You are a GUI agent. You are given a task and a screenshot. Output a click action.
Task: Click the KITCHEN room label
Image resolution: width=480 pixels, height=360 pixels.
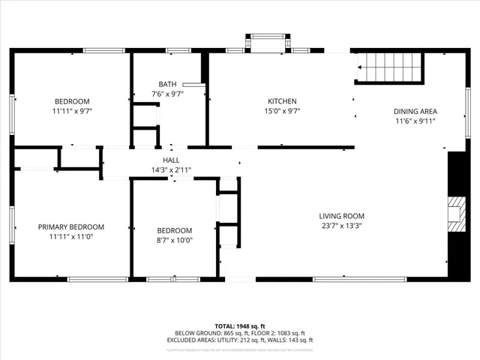click(x=283, y=101)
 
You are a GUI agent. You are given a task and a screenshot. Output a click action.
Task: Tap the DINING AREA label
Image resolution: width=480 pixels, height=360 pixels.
click(x=415, y=111)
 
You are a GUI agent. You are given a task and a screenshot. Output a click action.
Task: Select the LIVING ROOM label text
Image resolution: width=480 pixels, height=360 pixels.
click(x=341, y=216)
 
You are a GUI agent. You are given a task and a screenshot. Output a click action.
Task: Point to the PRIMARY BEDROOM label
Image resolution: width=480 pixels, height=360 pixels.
click(x=71, y=226)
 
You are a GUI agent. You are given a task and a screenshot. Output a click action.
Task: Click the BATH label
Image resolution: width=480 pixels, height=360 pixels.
click(x=166, y=84)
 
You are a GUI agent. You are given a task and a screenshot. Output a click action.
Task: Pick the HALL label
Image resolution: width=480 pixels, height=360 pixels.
click(x=171, y=160)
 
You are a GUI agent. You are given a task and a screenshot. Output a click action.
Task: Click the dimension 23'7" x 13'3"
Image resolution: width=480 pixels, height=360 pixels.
click(x=341, y=226)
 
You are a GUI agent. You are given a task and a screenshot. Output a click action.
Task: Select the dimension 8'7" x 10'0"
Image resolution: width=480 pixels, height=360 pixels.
click(x=174, y=240)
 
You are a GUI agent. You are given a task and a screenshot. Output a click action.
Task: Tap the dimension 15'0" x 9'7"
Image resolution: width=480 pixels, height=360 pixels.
click(x=283, y=111)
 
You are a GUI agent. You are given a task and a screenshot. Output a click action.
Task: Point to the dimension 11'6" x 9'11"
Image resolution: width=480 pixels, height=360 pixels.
click(x=415, y=121)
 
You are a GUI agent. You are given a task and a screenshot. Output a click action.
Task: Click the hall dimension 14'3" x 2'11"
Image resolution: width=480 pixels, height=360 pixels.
click(x=171, y=169)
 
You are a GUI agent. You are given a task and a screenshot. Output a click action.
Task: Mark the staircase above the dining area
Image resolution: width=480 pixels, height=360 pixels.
click(x=390, y=67)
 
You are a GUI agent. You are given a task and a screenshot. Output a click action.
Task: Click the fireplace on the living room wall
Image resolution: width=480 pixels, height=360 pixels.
click(x=455, y=213)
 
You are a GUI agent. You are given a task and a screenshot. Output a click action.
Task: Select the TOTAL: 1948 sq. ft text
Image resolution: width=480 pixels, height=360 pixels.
click(x=240, y=326)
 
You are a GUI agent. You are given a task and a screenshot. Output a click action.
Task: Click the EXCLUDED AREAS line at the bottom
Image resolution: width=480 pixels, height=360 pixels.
click(x=240, y=340)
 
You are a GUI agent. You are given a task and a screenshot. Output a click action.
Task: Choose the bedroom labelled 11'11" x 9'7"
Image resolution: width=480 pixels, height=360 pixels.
click(x=72, y=101)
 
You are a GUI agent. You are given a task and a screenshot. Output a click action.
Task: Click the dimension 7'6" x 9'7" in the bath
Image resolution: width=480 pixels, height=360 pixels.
click(x=166, y=94)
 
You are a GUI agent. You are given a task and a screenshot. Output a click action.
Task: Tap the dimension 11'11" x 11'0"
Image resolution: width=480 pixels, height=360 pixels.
click(x=71, y=236)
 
